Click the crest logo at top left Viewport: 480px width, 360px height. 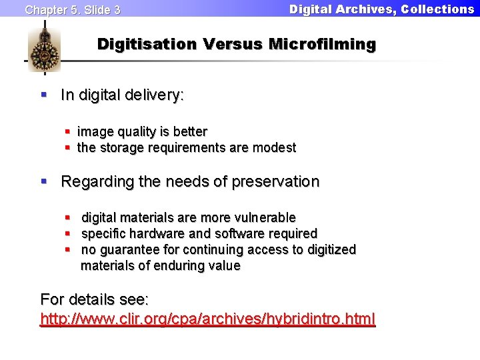[44, 50]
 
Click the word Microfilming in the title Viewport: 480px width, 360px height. [322, 45]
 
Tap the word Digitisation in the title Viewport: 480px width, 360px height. [147, 45]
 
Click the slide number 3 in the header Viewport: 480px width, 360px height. [117, 10]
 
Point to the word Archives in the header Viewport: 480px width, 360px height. [359, 9]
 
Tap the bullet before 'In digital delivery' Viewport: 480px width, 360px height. [45, 95]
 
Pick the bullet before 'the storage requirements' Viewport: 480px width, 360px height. [68, 147]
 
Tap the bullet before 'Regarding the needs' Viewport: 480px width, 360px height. [45, 181]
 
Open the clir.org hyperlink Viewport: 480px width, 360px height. [208, 318]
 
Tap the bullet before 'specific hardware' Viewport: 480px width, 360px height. [68, 233]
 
